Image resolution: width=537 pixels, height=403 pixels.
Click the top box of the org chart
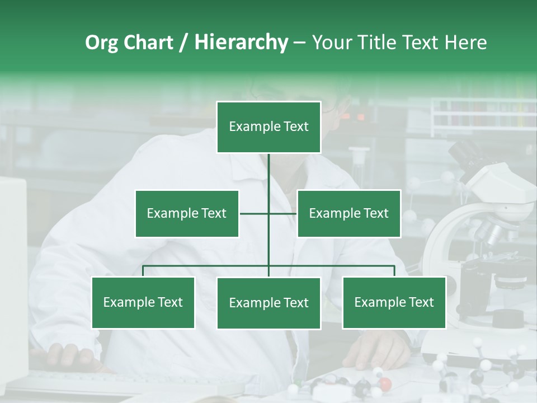click(268, 127)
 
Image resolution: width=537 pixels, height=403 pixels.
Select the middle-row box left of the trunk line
click(187, 213)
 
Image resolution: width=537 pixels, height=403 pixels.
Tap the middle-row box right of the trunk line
click(348, 213)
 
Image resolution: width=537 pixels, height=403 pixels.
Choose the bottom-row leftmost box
click(143, 302)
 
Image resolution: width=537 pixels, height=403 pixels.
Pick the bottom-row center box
click(268, 303)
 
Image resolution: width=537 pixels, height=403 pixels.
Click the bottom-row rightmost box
click(394, 302)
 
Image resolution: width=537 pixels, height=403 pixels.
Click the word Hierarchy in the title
click(241, 43)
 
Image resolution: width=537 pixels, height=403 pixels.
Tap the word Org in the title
click(102, 43)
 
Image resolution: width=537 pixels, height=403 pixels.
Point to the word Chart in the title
click(148, 43)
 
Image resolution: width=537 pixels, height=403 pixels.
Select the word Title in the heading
click(376, 43)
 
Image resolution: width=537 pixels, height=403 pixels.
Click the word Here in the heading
click(465, 43)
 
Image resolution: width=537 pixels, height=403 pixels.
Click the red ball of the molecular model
click(385, 384)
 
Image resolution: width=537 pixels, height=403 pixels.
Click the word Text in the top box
click(295, 126)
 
